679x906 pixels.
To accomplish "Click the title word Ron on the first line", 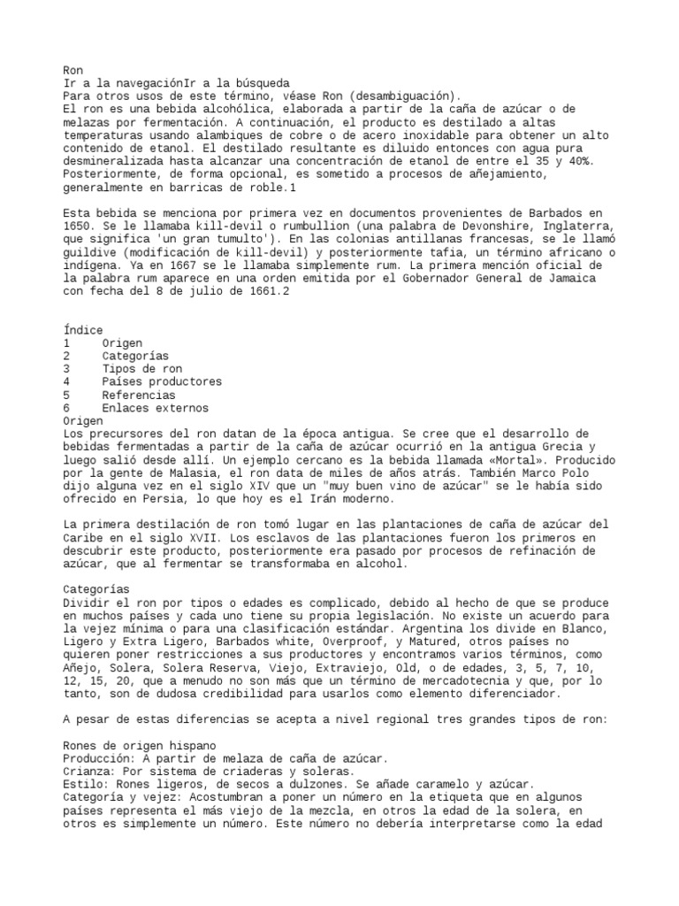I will pyautogui.click(x=73, y=70).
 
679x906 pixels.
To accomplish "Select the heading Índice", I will pyautogui.click(x=83, y=330).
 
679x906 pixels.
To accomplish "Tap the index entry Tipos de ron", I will pyautogui.click(x=141, y=369).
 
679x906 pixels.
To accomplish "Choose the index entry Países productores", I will pyautogui.click(x=161, y=382).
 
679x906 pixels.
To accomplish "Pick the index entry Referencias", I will pyautogui.click(x=138, y=395).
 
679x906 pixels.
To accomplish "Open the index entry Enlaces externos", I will pyautogui.click(x=155, y=408).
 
